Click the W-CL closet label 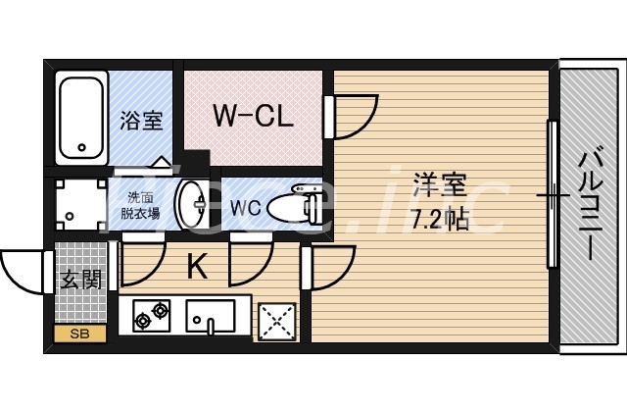click(253, 116)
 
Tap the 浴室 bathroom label click(141, 120)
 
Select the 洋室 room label click(440, 184)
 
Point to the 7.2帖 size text click(440, 219)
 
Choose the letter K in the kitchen click(198, 267)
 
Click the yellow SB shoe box click(80, 334)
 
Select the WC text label click(245, 207)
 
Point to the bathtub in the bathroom click(81, 118)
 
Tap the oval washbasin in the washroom click(192, 205)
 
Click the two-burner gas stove click(152, 316)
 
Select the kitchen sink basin click(211, 316)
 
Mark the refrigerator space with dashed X click(277, 322)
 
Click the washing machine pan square click(81, 204)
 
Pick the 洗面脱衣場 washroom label click(140, 205)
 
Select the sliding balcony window click(553, 194)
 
